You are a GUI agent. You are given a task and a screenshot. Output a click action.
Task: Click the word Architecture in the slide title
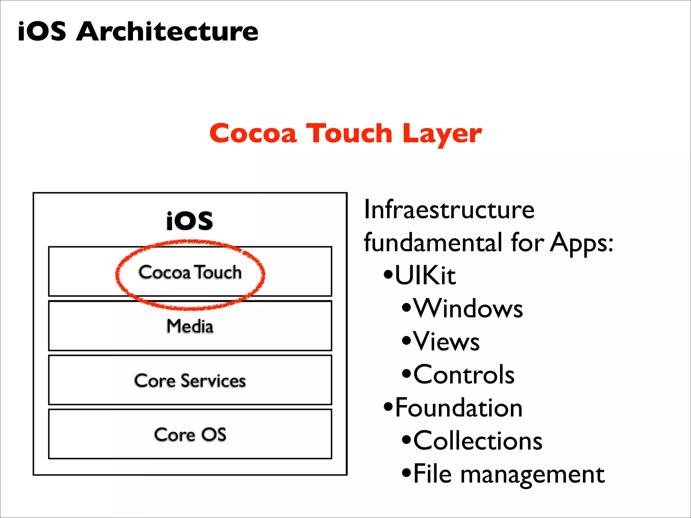[x=167, y=31]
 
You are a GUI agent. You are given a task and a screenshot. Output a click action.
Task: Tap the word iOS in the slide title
[x=42, y=31]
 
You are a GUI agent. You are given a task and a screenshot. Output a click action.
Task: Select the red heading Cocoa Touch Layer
[x=345, y=134]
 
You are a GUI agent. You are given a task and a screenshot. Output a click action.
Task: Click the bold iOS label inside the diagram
[x=190, y=221]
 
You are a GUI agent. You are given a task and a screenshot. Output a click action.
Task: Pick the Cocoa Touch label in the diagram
[x=190, y=272]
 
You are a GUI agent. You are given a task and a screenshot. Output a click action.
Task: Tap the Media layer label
[x=190, y=326]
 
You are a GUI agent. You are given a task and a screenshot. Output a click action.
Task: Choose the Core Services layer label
[x=190, y=381]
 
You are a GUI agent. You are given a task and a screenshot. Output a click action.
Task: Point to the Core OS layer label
[x=190, y=434]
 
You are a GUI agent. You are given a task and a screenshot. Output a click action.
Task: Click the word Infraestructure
[x=449, y=210]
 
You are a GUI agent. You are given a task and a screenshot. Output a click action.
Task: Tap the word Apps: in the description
[x=582, y=242]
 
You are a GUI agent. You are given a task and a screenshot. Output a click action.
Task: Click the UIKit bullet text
[x=425, y=276]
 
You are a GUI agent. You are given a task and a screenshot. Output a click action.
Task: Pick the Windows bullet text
[x=468, y=308]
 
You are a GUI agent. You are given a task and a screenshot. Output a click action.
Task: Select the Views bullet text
[x=446, y=341]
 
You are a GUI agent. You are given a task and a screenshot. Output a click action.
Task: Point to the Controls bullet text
[x=464, y=374]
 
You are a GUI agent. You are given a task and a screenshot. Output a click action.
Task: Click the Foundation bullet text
[x=459, y=408]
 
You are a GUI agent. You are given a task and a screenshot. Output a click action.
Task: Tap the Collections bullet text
[x=478, y=441]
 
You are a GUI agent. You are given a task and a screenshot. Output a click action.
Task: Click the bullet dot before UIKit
[x=388, y=274]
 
